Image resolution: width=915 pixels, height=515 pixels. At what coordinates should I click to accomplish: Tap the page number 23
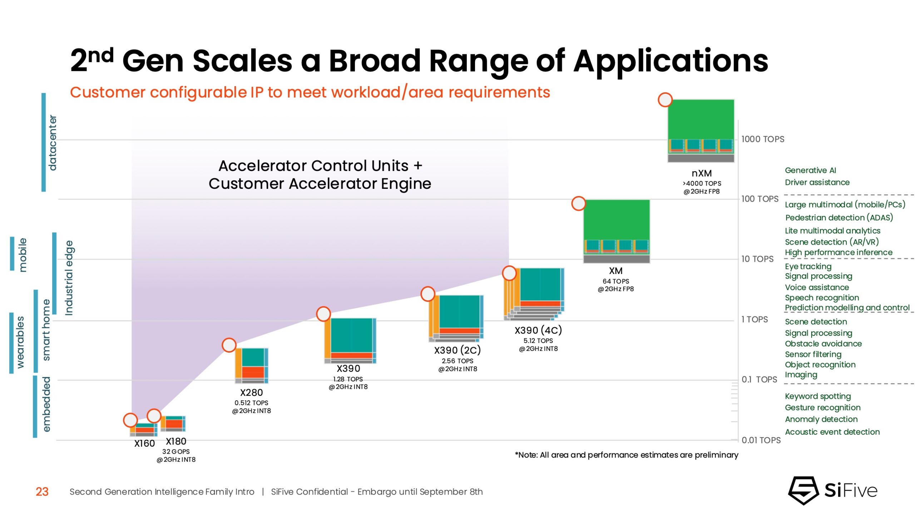click(x=42, y=492)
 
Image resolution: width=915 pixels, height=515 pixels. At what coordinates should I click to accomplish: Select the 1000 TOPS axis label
click(x=762, y=139)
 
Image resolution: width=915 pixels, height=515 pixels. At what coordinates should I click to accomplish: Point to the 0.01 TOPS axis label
click(x=761, y=440)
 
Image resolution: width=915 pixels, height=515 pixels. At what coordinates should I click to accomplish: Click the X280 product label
click(x=251, y=392)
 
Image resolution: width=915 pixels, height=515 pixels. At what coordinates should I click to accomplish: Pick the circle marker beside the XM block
click(x=578, y=203)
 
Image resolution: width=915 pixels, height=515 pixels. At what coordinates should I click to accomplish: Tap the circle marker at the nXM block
click(x=665, y=100)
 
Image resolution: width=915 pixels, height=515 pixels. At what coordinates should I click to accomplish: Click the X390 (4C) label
click(x=538, y=330)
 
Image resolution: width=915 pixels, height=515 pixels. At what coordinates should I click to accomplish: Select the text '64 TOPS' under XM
click(x=615, y=281)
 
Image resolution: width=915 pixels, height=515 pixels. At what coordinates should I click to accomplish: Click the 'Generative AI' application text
click(x=810, y=170)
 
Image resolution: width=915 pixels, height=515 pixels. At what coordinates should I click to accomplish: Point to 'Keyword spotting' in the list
click(x=817, y=396)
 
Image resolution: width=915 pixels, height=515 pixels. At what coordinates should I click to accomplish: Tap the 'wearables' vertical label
click(x=20, y=342)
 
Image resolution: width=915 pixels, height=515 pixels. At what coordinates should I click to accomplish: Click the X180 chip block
click(x=173, y=423)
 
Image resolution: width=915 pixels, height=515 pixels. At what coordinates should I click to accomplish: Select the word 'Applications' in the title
click(x=671, y=61)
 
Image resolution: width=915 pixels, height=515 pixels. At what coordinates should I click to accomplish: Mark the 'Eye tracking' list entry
click(x=808, y=266)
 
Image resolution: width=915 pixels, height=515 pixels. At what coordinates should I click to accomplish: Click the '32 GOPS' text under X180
click(x=176, y=451)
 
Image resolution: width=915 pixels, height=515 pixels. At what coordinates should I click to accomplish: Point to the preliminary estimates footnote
click(x=626, y=455)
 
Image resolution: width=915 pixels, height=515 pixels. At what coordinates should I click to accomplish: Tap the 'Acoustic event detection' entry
click(x=832, y=432)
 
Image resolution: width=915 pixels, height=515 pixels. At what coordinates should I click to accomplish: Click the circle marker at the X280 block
click(x=229, y=345)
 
